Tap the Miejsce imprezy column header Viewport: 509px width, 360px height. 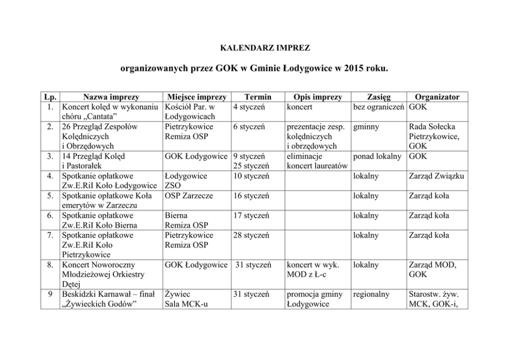(195, 97)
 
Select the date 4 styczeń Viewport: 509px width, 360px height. (249, 107)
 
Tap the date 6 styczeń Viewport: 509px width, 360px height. (249, 126)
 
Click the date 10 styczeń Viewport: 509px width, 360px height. (251, 176)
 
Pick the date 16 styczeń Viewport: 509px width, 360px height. (251, 196)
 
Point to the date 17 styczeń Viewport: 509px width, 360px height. (251, 216)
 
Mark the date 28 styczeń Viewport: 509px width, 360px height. (251, 236)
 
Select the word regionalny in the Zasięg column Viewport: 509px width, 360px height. (371, 295)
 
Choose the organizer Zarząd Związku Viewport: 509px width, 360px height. (437, 176)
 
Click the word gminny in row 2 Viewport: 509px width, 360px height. (366, 126)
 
